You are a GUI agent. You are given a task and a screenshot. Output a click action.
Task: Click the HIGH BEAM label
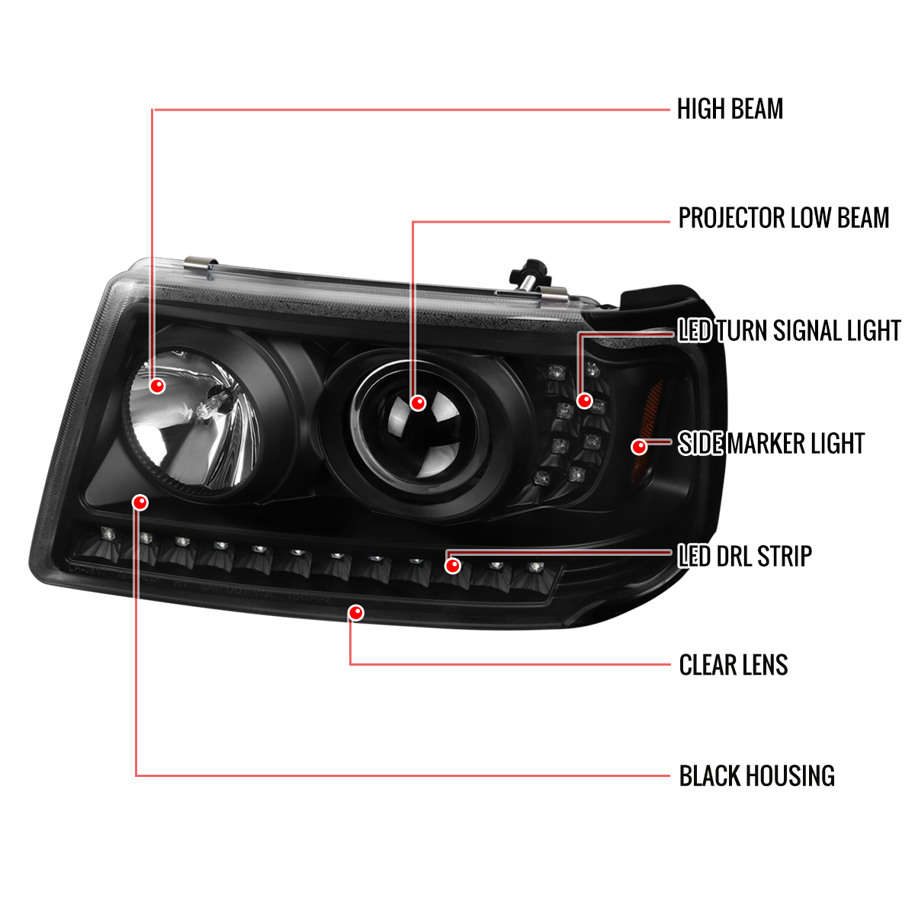(730, 109)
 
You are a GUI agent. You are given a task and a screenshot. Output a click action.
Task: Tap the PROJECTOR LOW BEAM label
(784, 218)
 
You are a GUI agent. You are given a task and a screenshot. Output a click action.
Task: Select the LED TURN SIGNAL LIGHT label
(789, 330)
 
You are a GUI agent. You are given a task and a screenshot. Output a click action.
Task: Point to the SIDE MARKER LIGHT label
(771, 444)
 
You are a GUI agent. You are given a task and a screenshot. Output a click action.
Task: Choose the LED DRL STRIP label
(745, 556)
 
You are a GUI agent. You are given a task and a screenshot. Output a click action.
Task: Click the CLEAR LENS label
(734, 665)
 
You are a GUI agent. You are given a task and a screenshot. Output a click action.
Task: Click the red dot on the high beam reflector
(157, 386)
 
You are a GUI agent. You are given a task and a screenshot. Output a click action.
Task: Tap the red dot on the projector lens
(418, 403)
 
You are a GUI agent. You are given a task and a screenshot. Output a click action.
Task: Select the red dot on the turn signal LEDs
(585, 401)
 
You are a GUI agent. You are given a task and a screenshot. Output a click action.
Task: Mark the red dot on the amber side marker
(639, 447)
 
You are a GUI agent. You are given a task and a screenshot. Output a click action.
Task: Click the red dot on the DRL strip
(453, 566)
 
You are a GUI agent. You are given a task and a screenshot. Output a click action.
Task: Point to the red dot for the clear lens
(355, 612)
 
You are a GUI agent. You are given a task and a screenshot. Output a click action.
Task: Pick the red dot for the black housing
(140, 502)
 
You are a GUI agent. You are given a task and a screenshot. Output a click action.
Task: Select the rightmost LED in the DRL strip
(535, 567)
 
